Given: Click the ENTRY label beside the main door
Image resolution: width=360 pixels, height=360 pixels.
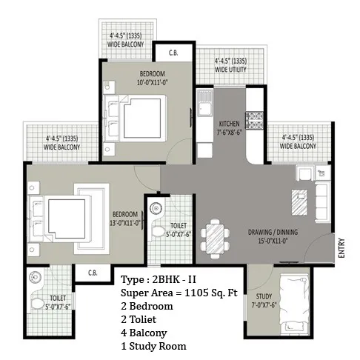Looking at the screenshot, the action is [x=341, y=247].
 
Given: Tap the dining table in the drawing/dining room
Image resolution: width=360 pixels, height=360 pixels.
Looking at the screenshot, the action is [x=215, y=239].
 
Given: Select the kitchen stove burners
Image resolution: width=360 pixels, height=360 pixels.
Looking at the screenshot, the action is [x=254, y=121].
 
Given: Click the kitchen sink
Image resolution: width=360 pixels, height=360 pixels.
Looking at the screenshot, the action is [x=204, y=104].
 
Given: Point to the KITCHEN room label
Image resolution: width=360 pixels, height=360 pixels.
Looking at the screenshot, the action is [x=230, y=124].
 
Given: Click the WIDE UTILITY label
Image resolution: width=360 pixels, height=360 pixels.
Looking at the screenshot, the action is [x=230, y=70].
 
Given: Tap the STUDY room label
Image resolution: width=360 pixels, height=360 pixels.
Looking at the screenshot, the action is [x=264, y=296].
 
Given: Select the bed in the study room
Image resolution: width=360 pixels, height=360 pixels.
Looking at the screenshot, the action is [x=294, y=304].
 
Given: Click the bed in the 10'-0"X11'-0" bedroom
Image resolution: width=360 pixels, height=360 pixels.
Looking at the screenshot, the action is [x=135, y=119].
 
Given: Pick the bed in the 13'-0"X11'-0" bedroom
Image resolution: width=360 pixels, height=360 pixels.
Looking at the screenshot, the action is [x=60, y=219].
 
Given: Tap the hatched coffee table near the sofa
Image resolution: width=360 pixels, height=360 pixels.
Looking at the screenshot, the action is [x=299, y=202].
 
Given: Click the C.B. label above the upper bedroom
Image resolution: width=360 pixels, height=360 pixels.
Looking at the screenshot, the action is [x=173, y=53].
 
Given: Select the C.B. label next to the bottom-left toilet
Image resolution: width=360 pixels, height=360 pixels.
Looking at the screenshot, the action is [x=93, y=273].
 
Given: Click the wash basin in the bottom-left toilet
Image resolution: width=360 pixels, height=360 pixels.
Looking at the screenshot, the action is [x=35, y=277].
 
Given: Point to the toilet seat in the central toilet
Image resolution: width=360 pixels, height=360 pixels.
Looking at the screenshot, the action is [x=158, y=231].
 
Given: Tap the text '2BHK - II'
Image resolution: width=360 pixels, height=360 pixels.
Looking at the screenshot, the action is [x=174, y=279].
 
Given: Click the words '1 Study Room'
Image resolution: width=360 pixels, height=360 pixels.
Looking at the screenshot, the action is [x=153, y=346].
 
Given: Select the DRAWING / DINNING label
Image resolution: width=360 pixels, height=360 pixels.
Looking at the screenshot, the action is [x=273, y=232].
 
